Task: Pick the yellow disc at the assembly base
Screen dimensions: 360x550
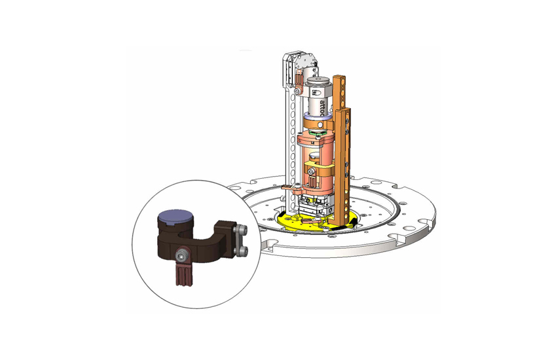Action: (288, 223)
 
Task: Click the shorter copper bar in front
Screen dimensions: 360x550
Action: (347, 164)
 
